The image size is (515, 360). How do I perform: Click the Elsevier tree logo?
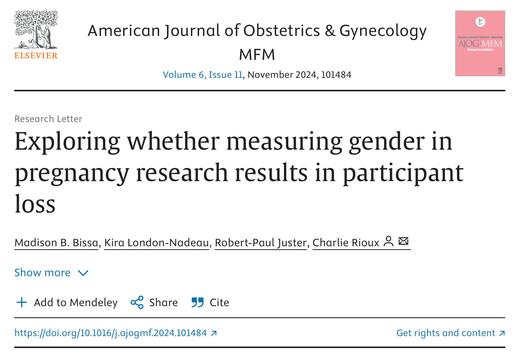point(36,30)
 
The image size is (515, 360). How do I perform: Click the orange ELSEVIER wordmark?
point(36,56)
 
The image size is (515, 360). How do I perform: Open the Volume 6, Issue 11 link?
point(202,75)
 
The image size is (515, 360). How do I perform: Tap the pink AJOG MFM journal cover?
point(480,43)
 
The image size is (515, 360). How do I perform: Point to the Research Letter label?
point(48,119)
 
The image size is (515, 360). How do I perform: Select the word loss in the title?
point(35,204)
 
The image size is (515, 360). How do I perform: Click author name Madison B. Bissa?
point(57,243)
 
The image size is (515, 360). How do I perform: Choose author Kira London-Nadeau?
point(156,243)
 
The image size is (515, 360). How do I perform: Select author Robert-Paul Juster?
point(260,243)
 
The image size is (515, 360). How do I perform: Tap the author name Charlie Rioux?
point(346,243)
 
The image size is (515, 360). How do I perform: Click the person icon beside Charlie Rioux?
point(389,241)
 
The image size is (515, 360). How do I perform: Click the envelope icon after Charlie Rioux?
point(403,241)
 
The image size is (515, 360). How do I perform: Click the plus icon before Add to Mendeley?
point(22,302)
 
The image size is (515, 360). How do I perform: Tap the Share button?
point(154,302)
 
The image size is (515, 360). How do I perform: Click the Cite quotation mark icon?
point(197,302)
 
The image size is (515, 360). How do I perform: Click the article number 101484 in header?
point(336,75)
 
